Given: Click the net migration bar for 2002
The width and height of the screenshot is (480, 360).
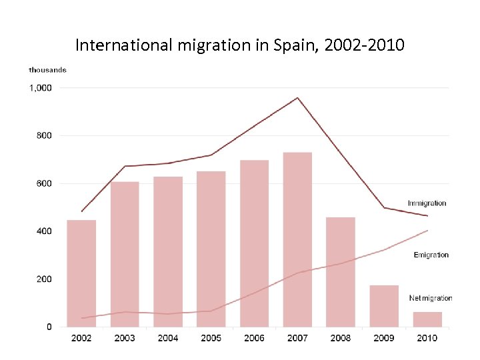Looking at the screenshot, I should pyautogui.click(x=81, y=273).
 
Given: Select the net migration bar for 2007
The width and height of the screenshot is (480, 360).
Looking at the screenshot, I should pyautogui.click(x=297, y=240).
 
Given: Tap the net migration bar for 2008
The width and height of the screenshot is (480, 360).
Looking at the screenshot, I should pyautogui.click(x=341, y=272).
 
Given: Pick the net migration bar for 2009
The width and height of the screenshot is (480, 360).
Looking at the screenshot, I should pyautogui.click(x=384, y=306).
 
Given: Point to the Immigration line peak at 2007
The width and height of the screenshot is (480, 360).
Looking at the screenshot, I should pyautogui.click(x=297, y=98).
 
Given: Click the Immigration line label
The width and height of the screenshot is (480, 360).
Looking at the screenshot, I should pyautogui.click(x=427, y=203).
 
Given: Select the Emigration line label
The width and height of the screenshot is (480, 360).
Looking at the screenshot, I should pyautogui.click(x=431, y=255).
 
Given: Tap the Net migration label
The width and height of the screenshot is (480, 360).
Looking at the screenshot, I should pyautogui.click(x=430, y=298).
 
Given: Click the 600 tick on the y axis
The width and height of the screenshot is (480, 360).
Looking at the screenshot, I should pyautogui.click(x=44, y=183).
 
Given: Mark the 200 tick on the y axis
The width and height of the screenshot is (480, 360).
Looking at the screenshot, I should pyautogui.click(x=44, y=279).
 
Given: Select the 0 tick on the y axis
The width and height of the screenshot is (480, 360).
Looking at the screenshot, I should pyautogui.click(x=49, y=327).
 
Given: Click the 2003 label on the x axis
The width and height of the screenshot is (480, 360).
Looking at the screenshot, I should pyautogui.click(x=125, y=338).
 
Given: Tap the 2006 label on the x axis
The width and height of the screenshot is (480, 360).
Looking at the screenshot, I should pyautogui.click(x=254, y=338).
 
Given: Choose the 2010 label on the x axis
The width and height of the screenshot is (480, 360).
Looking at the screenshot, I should pyautogui.click(x=427, y=338).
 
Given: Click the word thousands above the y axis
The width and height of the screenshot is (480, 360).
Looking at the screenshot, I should pyautogui.click(x=47, y=70).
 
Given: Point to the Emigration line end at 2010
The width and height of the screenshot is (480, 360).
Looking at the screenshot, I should pyautogui.click(x=427, y=231).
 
